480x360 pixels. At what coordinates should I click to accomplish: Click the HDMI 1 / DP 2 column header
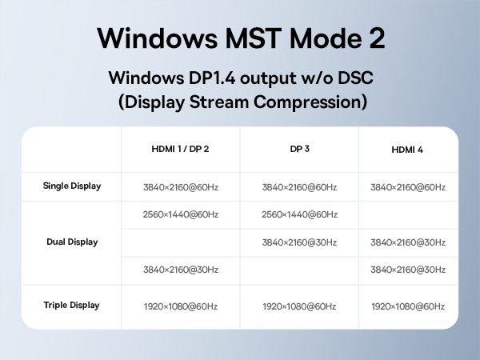pyautogui.click(x=180, y=150)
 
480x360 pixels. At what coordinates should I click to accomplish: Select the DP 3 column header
pyautogui.click(x=299, y=150)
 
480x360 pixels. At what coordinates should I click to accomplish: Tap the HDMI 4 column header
pyautogui.click(x=408, y=150)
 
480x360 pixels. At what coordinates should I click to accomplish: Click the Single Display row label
pyautogui.click(x=72, y=186)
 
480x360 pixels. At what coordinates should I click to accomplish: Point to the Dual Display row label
pyautogui.click(x=72, y=242)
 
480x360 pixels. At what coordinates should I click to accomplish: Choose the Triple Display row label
pyautogui.click(x=72, y=305)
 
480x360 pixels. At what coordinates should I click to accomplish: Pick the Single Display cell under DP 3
pyautogui.click(x=299, y=187)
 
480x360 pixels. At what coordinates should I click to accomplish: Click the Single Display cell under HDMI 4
pyautogui.click(x=408, y=187)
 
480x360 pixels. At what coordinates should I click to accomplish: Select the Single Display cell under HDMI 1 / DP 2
pyautogui.click(x=180, y=187)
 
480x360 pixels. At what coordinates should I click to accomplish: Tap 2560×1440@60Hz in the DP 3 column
pyautogui.click(x=299, y=214)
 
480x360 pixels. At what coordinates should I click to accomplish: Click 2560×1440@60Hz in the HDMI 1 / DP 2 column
pyautogui.click(x=180, y=214)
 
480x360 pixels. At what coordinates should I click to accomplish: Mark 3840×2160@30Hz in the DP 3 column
pyautogui.click(x=299, y=242)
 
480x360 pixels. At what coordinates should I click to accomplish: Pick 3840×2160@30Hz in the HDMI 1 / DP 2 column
pyautogui.click(x=180, y=270)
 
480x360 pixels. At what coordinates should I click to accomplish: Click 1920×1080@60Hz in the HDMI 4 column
pyautogui.click(x=408, y=306)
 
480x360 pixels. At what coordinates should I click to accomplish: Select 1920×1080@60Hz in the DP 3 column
pyautogui.click(x=299, y=306)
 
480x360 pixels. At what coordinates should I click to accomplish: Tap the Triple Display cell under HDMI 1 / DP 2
pyautogui.click(x=180, y=306)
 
